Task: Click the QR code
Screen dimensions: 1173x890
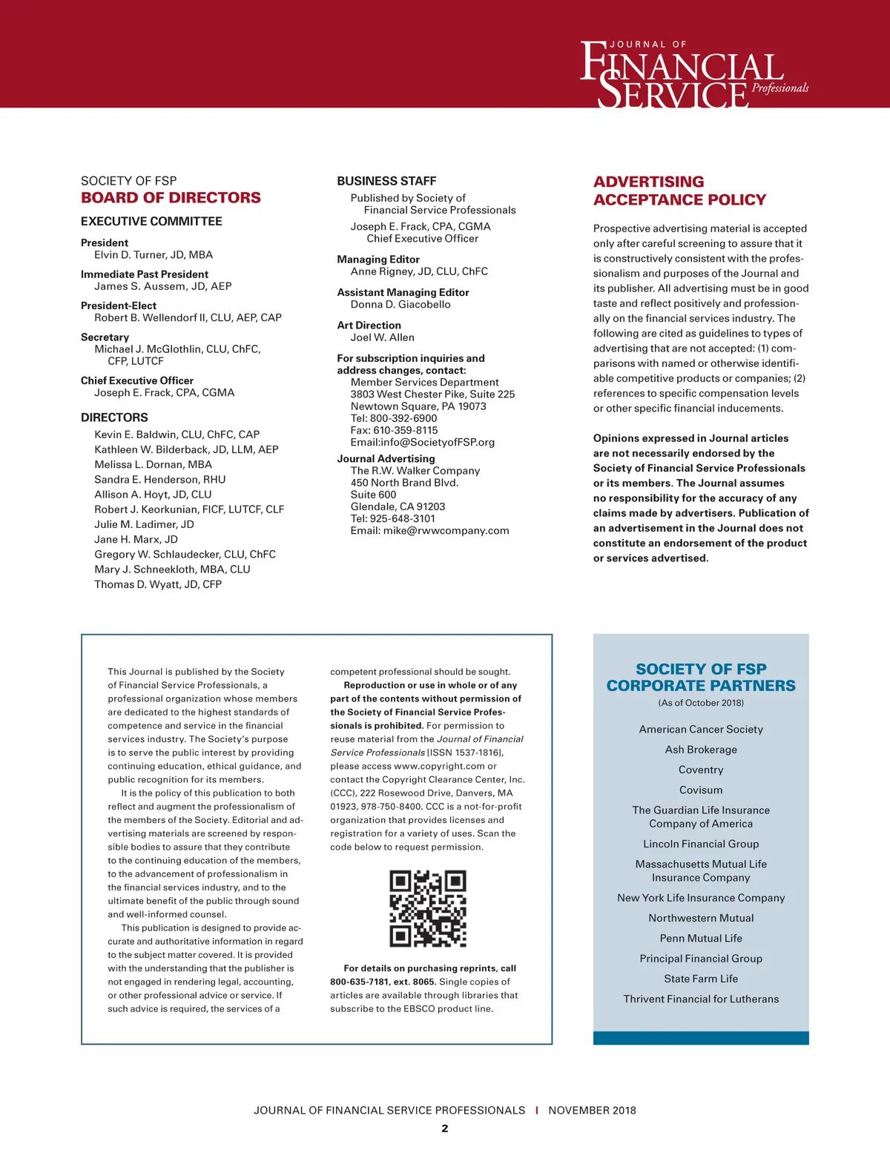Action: click(428, 909)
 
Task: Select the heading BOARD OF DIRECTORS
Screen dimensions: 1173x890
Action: click(171, 198)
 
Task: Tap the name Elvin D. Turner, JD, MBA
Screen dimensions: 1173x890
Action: click(154, 255)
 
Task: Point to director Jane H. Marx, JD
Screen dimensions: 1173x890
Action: click(136, 540)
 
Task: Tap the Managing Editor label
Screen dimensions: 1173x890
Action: click(378, 260)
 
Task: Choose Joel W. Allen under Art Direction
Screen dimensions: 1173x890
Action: click(383, 337)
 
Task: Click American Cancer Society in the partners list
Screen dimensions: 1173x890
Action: click(701, 730)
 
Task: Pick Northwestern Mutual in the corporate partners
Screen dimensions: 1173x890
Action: click(701, 918)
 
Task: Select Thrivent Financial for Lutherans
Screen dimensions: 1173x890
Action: click(701, 999)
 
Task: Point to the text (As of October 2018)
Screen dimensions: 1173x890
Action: click(701, 703)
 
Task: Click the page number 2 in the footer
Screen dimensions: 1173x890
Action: click(445, 1129)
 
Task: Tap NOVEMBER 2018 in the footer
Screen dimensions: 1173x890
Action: click(592, 1111)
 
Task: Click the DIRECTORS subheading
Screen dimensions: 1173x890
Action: click(114, 417)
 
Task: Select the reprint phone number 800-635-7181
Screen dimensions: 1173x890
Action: click(357, 982)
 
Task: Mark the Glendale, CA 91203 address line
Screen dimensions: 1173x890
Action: click(398, 507)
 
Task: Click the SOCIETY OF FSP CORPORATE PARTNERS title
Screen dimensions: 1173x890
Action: click(701, 678)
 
